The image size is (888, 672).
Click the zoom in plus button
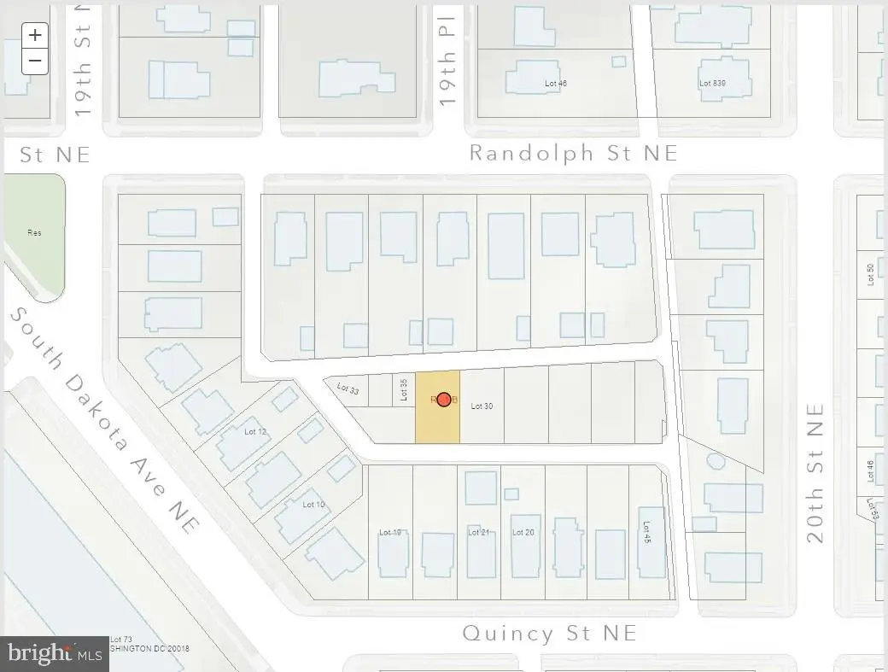click(35, 35)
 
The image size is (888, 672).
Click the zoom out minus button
click(35, 61)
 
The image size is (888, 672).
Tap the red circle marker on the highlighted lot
click(444, 399)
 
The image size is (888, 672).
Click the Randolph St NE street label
click(574, 153)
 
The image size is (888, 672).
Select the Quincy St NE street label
click(549, 633)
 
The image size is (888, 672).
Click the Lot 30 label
click(482, 406)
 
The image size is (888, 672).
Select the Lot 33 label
click(348, 389)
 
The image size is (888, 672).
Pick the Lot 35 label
click(404, 389)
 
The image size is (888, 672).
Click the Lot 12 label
click(255, 431)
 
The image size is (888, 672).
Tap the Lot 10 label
click(313, 505)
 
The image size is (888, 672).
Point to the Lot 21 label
click(478, 532)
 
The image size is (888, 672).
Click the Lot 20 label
click(523, 532)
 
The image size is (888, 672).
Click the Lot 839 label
click(712, 83)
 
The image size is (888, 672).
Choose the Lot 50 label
click(870, 274)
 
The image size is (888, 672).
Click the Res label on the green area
click(34, 232)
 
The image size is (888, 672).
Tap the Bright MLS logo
click(55, 653)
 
